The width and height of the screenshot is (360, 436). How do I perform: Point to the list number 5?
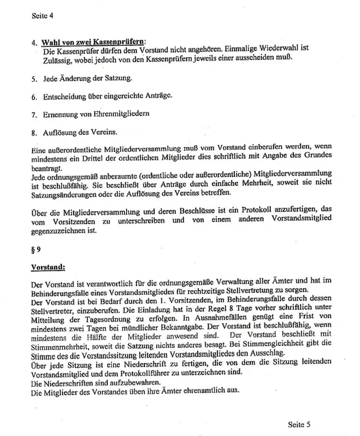(34, 80)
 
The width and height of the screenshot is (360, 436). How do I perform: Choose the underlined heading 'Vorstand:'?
(47, 267)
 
